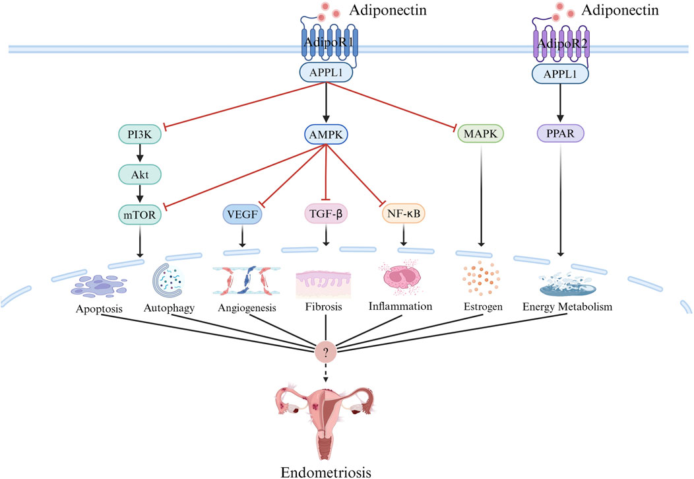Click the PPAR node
561,134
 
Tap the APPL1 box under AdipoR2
561,75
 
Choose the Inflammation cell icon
403,280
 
